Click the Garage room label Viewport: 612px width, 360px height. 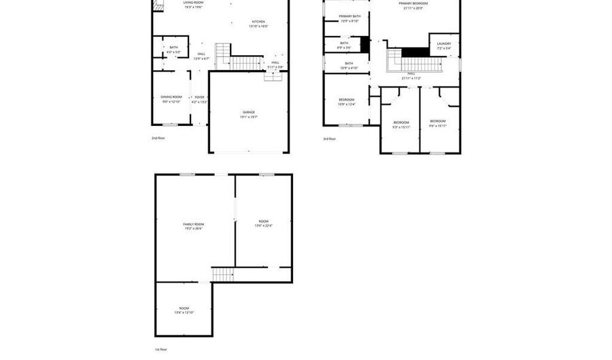[248, 114]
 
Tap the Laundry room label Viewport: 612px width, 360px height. [444, 46]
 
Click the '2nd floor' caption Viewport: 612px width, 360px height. [158, 138]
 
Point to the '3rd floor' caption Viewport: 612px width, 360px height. [329, 139]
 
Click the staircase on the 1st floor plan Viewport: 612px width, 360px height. [223, 274]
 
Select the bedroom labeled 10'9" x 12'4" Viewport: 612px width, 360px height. [346, 101]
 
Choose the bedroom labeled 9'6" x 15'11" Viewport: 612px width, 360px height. [437, 123]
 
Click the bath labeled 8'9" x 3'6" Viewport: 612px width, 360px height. [344, 45]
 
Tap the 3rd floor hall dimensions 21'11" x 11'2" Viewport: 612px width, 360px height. [411, 78]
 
